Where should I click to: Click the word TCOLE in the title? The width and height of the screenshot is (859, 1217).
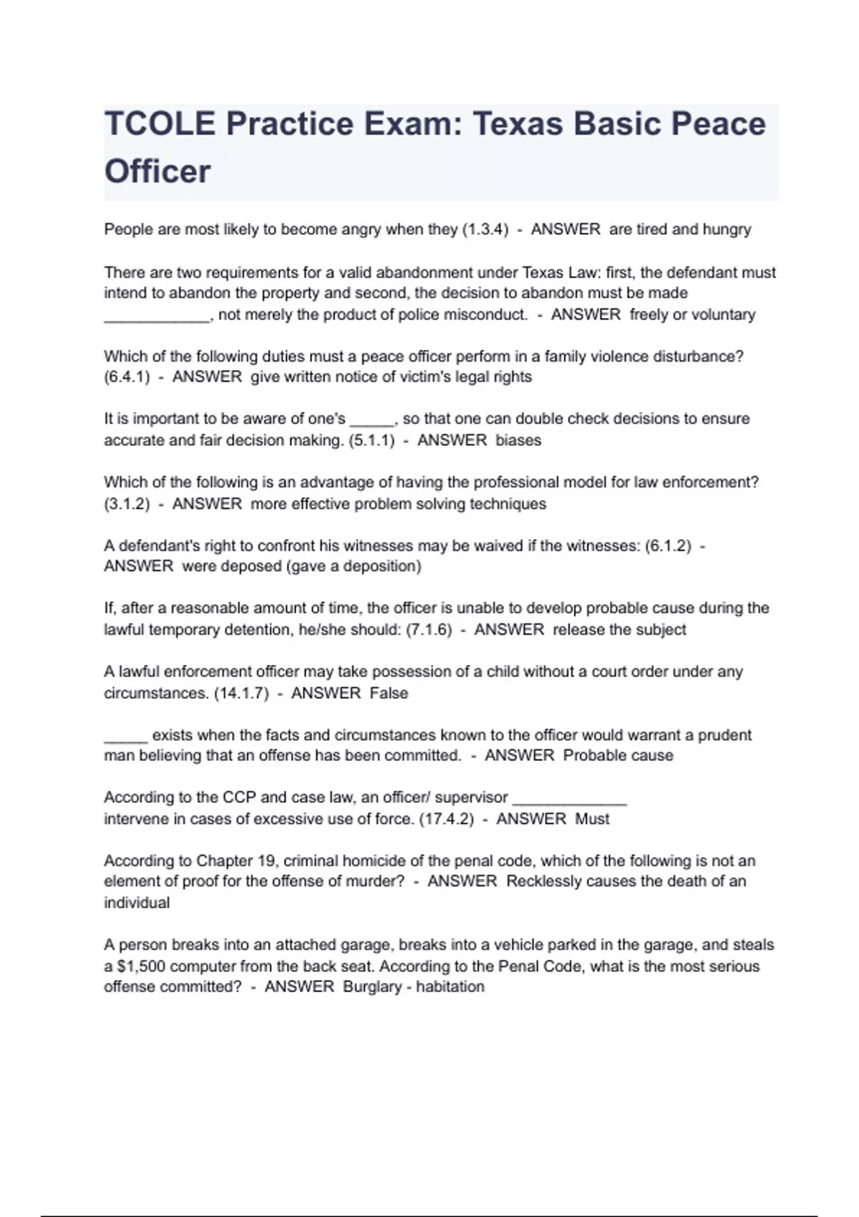(160, 124)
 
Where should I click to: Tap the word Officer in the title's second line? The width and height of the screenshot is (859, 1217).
(157, 172)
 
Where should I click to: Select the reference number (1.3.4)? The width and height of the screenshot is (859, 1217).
(485, 230)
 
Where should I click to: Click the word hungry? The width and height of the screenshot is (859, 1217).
(727, 230)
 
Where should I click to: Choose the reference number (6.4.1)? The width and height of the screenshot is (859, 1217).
(127, 377)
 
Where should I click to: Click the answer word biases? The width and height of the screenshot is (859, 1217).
(518, 440)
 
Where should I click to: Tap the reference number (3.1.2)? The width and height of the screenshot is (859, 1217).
(127, 504)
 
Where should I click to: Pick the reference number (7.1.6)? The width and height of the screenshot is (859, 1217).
(429, 630)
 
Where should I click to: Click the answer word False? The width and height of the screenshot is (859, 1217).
(389, 694)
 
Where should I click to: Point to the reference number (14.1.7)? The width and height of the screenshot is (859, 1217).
(241, 694)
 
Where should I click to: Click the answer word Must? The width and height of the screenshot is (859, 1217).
(592, 819)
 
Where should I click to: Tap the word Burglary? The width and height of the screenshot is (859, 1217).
(372, 987)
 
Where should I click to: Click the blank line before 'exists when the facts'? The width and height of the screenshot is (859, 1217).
(125, 740)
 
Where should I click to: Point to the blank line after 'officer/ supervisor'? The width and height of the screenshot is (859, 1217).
(570, 803)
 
